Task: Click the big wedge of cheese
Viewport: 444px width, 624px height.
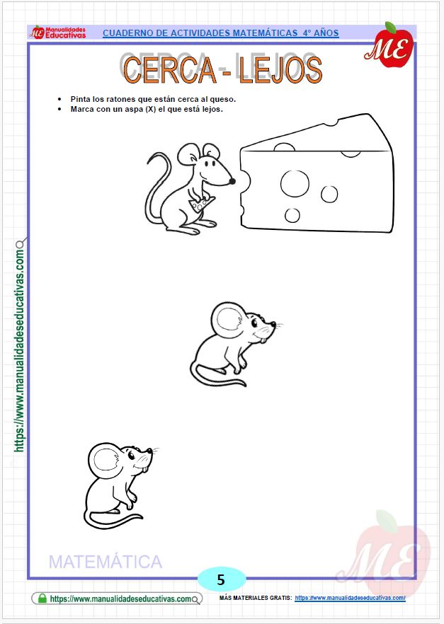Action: click(317, 175)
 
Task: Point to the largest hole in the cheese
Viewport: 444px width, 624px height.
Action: click(295, 183)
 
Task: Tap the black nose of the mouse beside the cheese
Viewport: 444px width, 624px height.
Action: click(232, 181)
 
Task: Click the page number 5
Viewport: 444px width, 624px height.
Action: click(221, 580)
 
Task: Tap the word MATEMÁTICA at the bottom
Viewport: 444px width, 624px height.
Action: click(106, 562)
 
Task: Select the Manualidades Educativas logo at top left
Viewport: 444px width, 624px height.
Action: click(58, 33)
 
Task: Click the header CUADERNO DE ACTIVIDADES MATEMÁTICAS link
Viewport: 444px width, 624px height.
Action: click(221, 33)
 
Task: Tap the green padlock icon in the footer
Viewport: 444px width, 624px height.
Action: click(42, 598)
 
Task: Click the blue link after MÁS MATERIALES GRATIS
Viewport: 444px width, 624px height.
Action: click(350, 598)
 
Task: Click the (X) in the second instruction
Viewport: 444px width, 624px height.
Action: click(151, 109)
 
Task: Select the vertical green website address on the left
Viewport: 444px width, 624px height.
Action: click(20, 350)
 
